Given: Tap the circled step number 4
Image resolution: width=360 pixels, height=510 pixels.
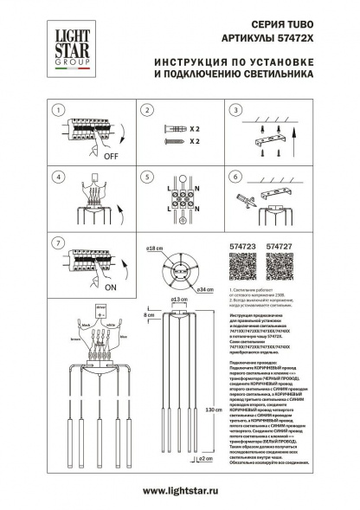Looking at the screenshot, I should (x=57, y=176).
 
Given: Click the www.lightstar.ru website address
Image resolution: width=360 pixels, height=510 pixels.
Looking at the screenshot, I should (x=180, y=490).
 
